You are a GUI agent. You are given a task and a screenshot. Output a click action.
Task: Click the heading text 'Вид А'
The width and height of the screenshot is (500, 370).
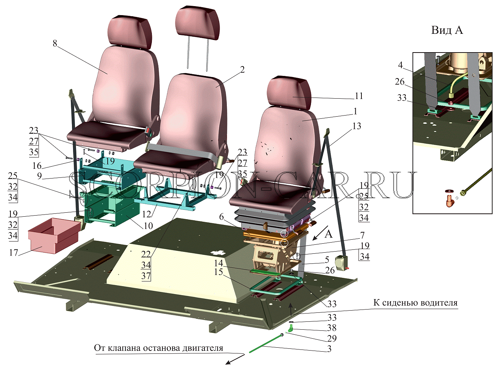pyautogui.click(x=447, y=30)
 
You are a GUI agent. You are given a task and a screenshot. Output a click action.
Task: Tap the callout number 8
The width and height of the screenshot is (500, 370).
pyautogui.click(x=55, y=43)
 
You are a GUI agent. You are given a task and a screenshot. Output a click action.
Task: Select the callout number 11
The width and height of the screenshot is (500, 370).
pyautogui.click(x=359, y=96)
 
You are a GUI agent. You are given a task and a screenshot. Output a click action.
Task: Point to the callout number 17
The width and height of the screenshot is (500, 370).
pyautogui.click(x=13, y=253)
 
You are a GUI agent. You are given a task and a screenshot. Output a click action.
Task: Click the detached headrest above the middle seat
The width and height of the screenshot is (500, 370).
pyautogui.click(x=198, y=25)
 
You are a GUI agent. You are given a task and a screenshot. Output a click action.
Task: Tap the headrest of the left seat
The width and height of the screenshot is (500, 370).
pyautogui.click(x=130, y=32)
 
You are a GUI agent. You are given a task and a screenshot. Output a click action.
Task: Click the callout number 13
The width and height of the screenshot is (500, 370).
pyautogui.click(x=356, y=126)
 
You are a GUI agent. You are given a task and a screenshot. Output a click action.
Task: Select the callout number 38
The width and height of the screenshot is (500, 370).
pyautogui.click(x=332, y=328)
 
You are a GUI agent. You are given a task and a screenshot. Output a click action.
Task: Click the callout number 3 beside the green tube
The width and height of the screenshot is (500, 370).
pyautogui.click(x=329, y=349)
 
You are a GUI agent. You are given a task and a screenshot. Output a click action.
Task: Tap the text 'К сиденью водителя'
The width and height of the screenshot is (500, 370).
pyautogui.click(x=415, y=302)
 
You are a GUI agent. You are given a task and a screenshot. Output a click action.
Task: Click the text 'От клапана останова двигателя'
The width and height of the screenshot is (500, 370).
pyautogui.click(x=158, y=348)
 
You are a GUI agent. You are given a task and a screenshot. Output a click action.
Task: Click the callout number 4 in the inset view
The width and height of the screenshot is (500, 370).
pyautogui.click(x=400, y=65)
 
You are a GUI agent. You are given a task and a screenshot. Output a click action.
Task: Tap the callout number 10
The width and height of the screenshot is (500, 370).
pyautogui.click(x=148, y=226)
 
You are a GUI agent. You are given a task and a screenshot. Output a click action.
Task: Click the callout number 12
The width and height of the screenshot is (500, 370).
pyautogui.click(x=146, y=214)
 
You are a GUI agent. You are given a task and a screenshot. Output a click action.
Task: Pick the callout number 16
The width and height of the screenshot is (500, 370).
pyautogui.click(x=37, y=166)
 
